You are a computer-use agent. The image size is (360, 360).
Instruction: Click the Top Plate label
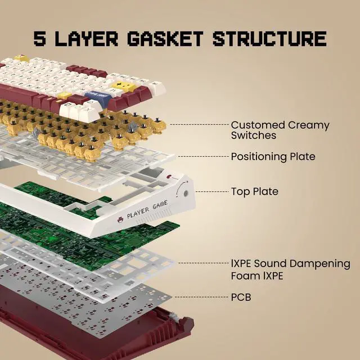point(254,191)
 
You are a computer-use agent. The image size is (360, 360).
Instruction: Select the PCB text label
point(241,296)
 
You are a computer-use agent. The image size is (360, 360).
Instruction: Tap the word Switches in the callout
point(254,136)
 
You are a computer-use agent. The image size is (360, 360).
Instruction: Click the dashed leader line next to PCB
point(202,296)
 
